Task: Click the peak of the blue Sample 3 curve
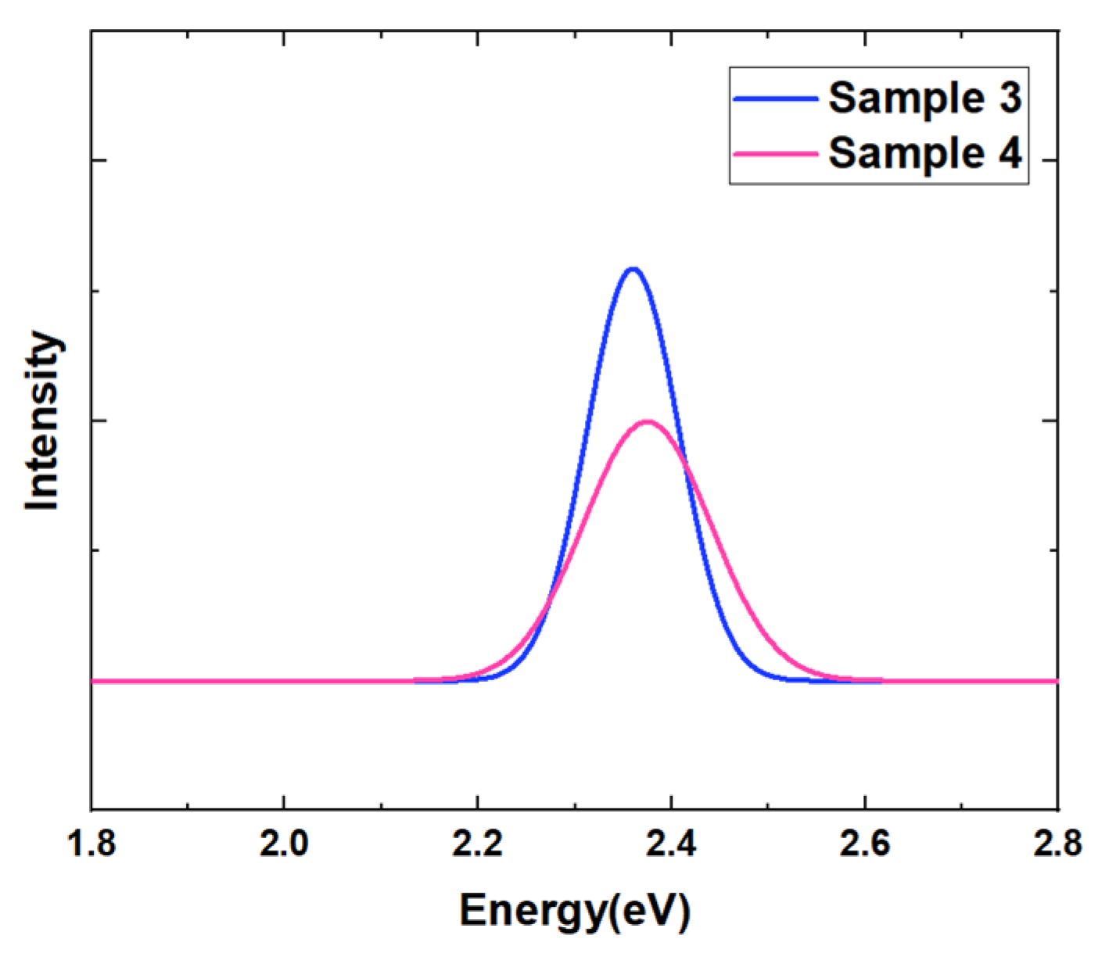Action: [633, 270]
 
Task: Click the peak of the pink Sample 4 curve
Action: [648, 422]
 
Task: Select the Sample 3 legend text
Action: [924, 99]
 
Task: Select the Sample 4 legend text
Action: [924, 152]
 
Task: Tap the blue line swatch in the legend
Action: [775, 99]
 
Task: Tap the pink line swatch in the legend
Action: [775, 153]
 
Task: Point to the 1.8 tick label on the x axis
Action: [91, 845]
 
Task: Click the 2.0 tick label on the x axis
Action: [284, 845]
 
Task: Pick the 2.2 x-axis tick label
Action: [477, 845]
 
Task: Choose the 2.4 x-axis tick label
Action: [670, 845]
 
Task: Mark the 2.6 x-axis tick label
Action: [863, 845]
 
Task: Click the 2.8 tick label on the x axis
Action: [1057, 845]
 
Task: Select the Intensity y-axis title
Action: [42, 421]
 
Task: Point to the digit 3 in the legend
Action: [1010, 99]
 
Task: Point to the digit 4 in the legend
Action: [1010, 152]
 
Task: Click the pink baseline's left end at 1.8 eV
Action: [94, 681]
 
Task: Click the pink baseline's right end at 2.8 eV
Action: [1056, 681]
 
